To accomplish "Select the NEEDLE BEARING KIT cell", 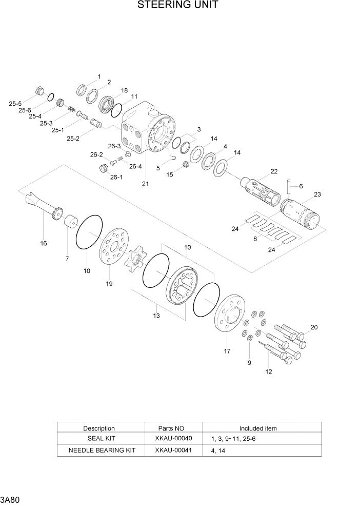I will click(102, 450).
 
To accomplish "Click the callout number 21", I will click(145, 184).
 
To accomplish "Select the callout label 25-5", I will click(15, 104).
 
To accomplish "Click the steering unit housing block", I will click(149, 128).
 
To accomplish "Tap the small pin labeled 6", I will click(289, 184).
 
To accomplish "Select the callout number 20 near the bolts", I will click(314, 327).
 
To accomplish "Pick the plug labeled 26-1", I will click(104, 168).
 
